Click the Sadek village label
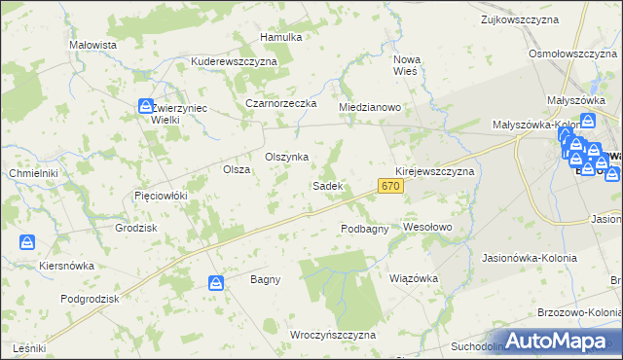[x=327, y=185]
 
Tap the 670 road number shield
[x=391, y=186]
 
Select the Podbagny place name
[x=365, y=229]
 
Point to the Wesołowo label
[x=428, y=227]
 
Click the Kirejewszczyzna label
[x=434, y=170]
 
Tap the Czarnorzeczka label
[x=282, y=103]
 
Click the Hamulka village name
[x=281, y=37]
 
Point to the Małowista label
[x=93, y=45]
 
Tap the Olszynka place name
[x=287, y=157]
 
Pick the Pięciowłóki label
[x=160, y=196]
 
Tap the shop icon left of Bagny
[x=216, y=283]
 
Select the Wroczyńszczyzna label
[x=333, y=335]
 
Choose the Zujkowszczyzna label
[x=524, y=18]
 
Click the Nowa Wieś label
[x=405, y=63]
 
